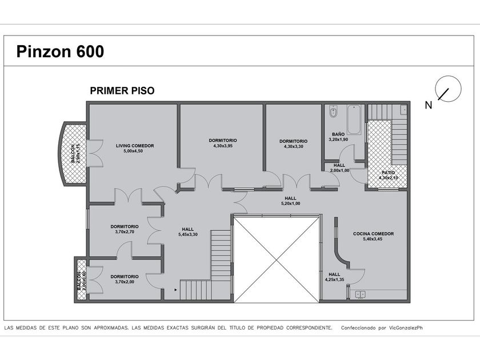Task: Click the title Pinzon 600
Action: [60, 51]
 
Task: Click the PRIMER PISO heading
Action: [122, 91]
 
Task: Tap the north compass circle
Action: [448, 89]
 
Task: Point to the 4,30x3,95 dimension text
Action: [223, 146]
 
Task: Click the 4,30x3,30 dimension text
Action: [293, 146]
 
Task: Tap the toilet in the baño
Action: [333, 111]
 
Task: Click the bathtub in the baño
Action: [354, 119]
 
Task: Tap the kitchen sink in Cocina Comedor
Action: [361, 294]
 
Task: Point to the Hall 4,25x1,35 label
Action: [334, 277]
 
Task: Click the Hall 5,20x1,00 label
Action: [290, 201]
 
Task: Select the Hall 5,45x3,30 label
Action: [187, 232]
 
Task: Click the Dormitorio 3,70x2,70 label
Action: [125, 229]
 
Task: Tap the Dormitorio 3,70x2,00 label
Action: [125, 279]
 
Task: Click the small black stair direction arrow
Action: [176, 289]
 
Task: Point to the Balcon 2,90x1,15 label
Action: [75, 153]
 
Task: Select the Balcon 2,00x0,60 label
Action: [81, 281]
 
